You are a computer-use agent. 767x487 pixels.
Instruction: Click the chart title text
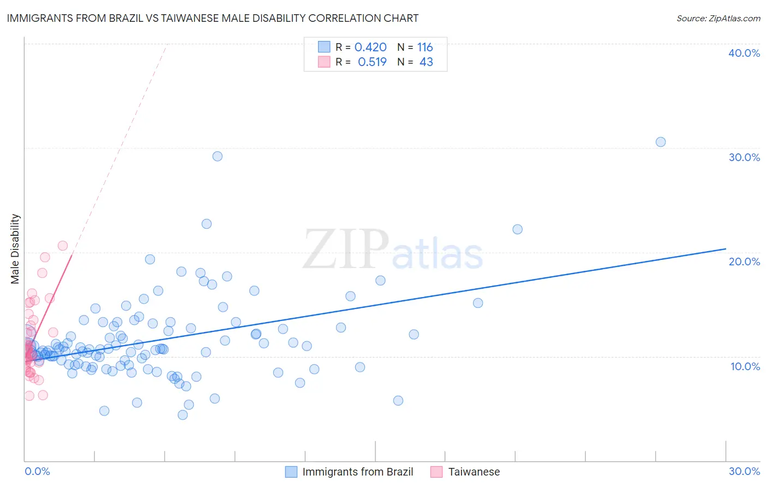coord(213,18)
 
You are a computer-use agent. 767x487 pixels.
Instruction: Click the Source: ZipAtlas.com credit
coord(718,18)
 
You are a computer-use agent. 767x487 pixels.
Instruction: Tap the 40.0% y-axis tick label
coord(744,53)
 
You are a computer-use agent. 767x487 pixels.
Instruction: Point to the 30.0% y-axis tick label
coord(744,157)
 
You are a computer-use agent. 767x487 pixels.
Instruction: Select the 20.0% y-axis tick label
coord(744,262)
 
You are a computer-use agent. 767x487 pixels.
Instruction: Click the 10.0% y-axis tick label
coord(745,366)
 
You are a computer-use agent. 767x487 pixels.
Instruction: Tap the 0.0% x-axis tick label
coord(37,471)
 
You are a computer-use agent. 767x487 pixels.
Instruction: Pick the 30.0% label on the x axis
coord(744,471)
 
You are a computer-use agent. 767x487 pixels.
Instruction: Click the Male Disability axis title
coord(15,248)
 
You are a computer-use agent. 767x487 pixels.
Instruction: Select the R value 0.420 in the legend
coord(370,47)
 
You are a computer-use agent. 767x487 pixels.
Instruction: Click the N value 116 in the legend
coord(425,47)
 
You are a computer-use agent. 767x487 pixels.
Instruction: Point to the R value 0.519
coord(372,62)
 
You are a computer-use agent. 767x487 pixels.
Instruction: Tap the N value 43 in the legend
coord(426,62)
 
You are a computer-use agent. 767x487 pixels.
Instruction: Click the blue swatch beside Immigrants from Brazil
coord(291,472)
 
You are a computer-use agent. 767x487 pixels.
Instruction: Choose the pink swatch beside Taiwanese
coord(436,472)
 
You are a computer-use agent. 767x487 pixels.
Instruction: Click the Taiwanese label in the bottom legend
coord(474,472)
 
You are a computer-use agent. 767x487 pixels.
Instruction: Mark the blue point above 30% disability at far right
coord(661,142)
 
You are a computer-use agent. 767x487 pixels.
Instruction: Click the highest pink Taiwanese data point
coord(63,246)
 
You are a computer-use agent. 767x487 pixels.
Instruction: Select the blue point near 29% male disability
coord(217,156)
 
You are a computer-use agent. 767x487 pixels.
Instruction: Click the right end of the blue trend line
coord(726,249)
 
